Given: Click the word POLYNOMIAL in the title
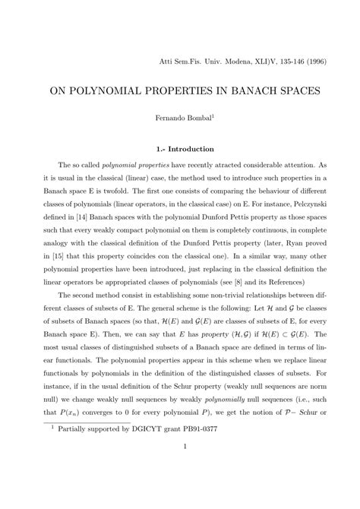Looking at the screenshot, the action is tap(121, 90).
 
